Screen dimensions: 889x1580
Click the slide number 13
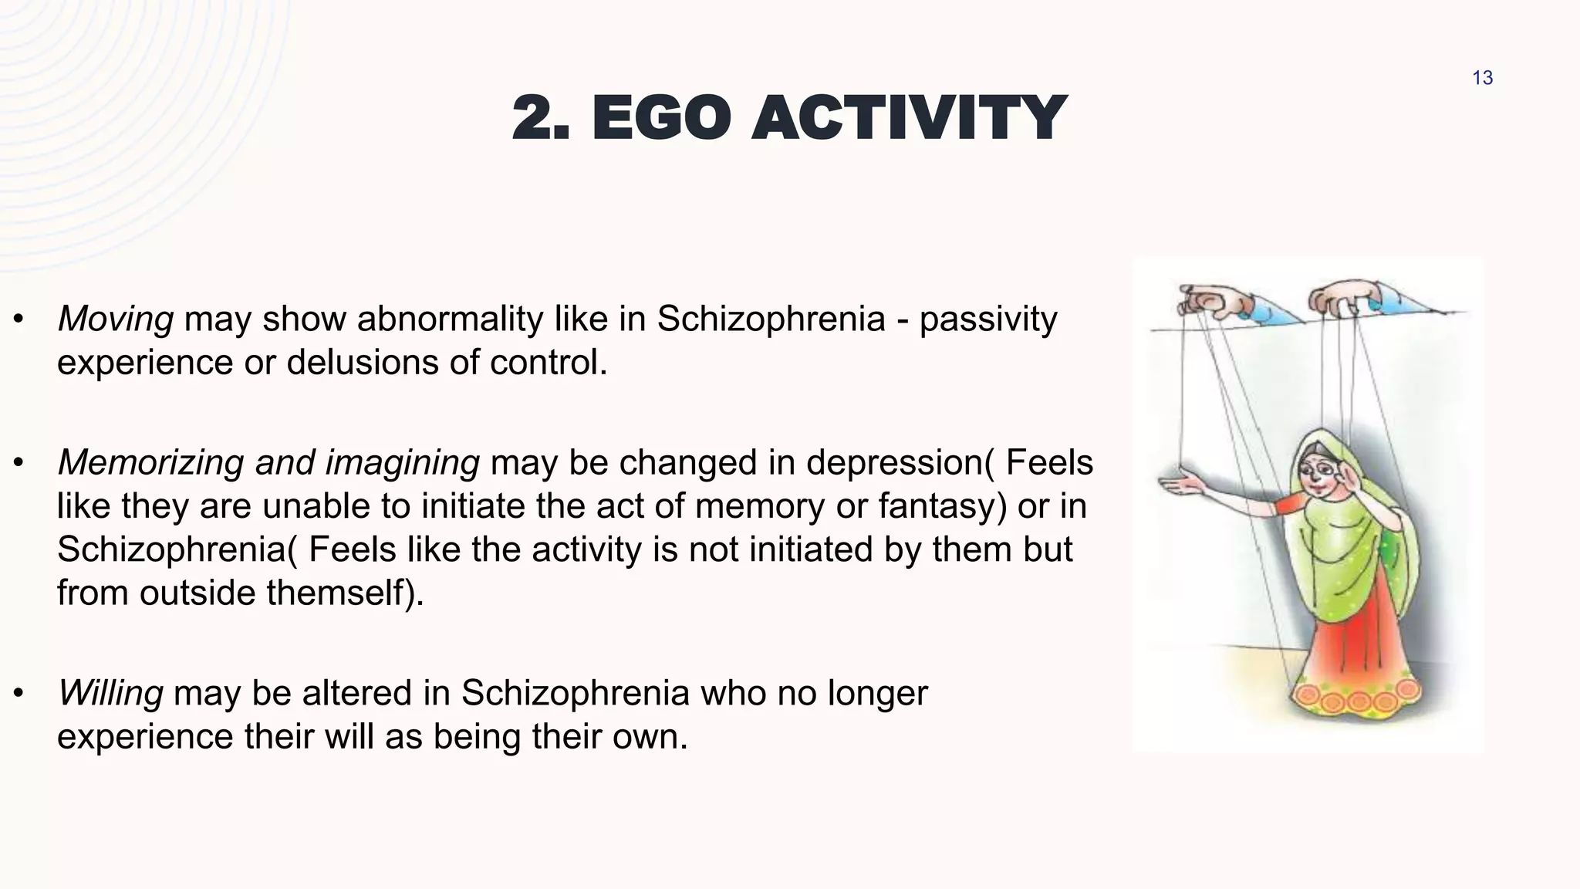[1482, 78]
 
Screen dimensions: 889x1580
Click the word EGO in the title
[660, 118]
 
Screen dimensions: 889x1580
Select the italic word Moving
[116, 319]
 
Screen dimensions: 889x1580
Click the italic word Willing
[110, 693]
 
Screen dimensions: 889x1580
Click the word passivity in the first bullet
[987, 319]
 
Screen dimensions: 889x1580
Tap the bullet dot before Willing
[19, 693]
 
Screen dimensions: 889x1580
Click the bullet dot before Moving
[19, 319]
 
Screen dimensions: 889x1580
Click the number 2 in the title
[537, 118]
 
